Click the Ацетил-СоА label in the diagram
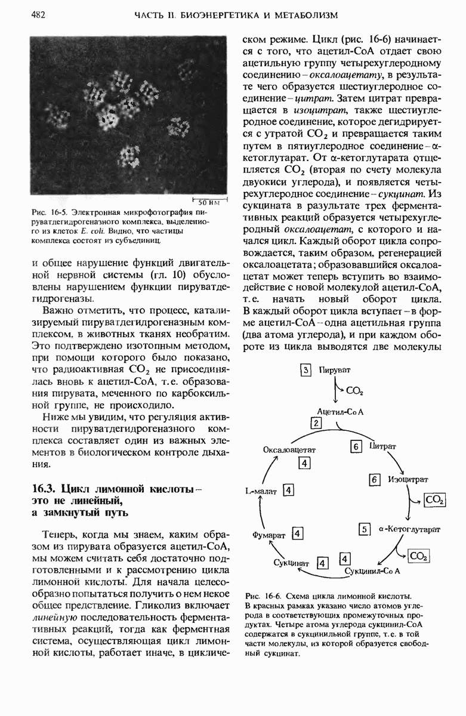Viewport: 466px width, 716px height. tap(341, 412)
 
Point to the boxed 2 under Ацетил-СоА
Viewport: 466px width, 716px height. tap(316, 423)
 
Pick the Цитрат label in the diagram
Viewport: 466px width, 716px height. tap(383, 446)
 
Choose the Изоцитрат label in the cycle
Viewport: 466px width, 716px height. tap(408, 479)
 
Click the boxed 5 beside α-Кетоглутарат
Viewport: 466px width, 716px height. tap(365, 528)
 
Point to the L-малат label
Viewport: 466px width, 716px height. tap(261, 491)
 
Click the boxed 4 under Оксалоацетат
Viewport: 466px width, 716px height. tap(304, 463)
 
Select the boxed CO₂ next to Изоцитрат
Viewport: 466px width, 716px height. tap(434, 500)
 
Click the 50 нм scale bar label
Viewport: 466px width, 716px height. tap(209, 202)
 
